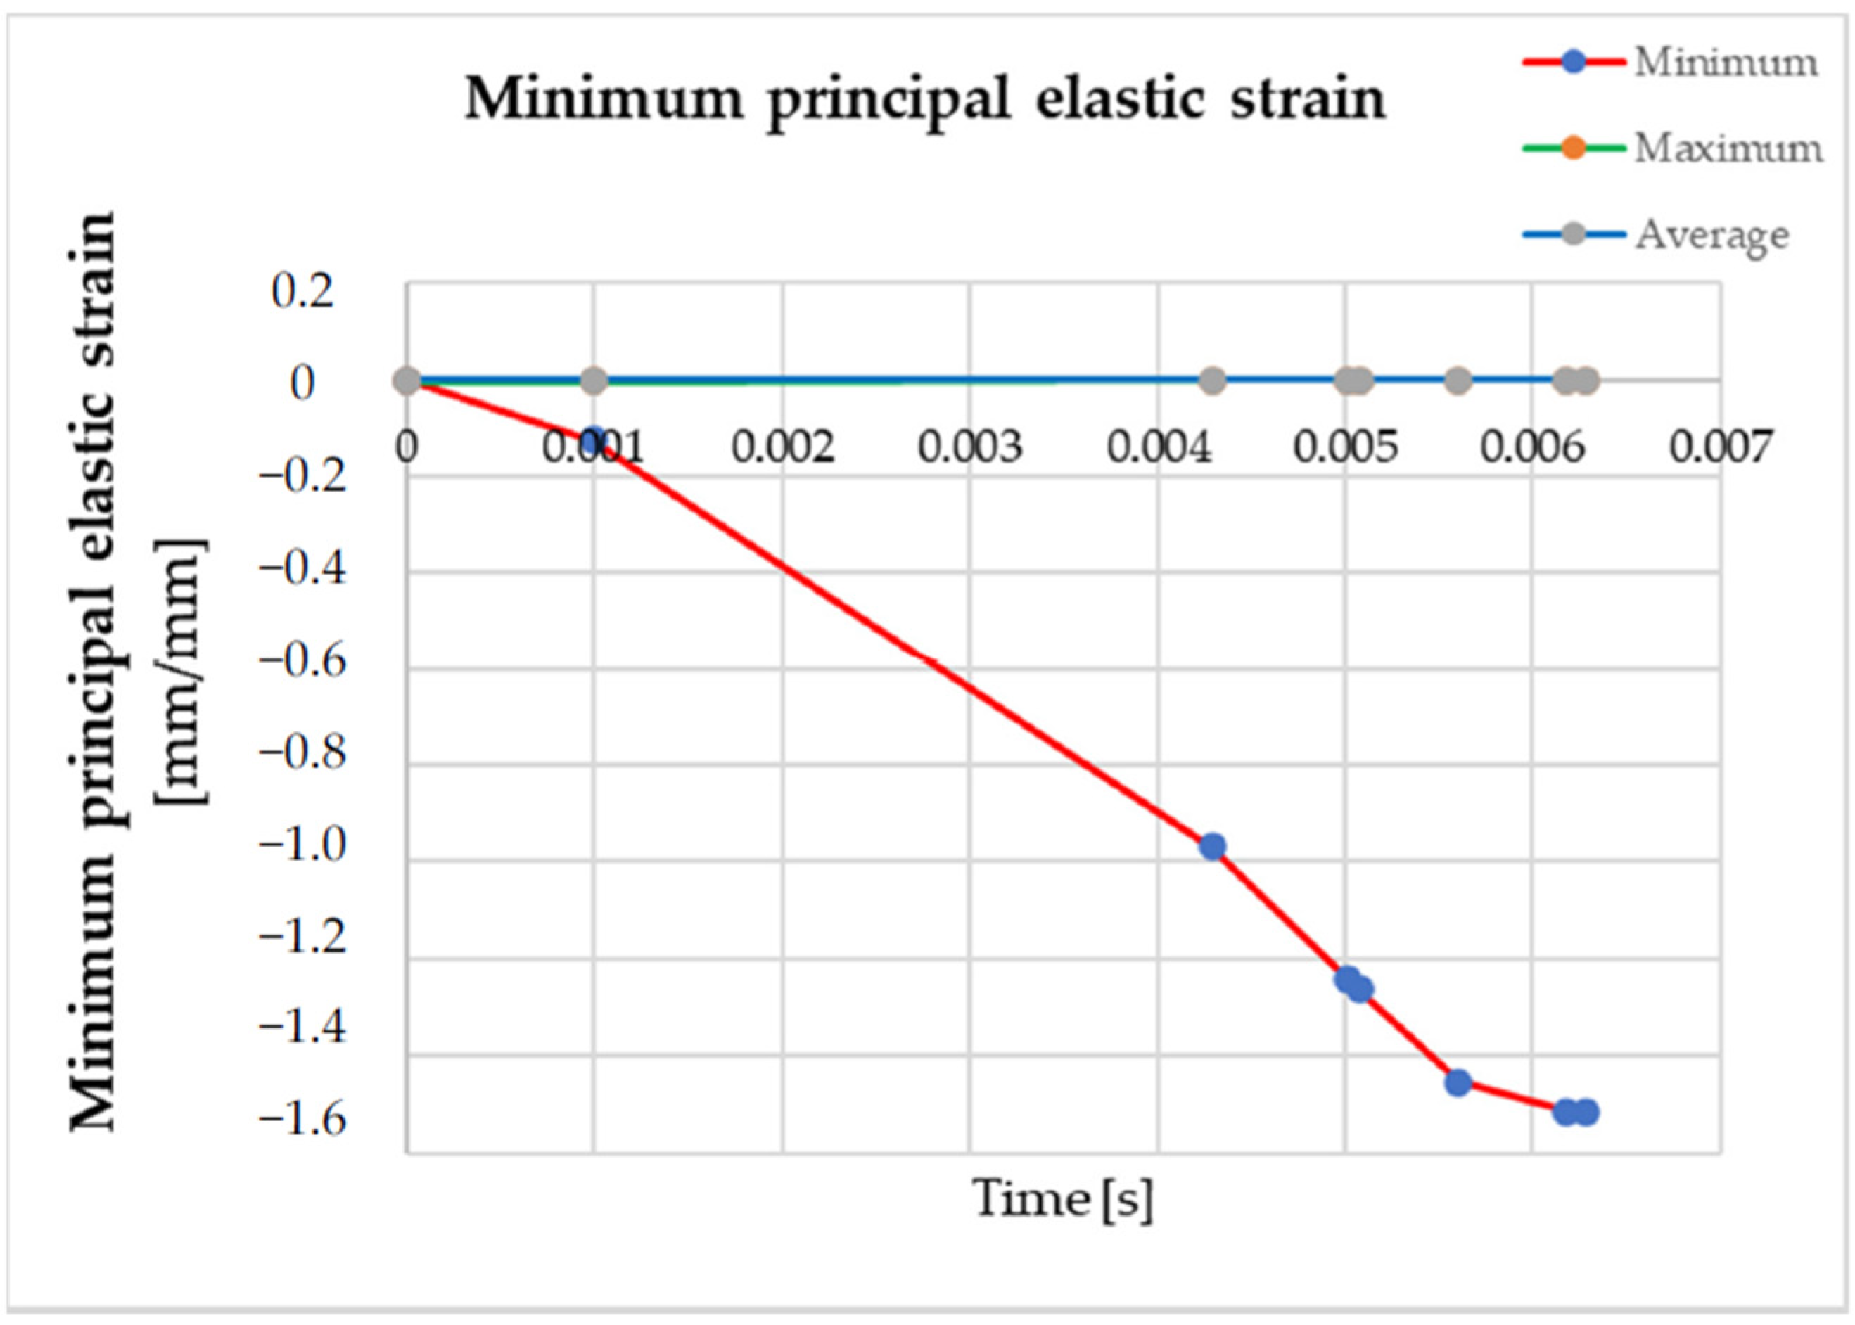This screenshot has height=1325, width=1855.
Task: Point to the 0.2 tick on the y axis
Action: click(302, 292)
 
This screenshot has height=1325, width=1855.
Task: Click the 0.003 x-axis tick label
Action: click(969, 447)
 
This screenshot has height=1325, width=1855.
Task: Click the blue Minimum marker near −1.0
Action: click(1213, 847)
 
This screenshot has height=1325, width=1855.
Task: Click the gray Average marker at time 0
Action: click(407, 381)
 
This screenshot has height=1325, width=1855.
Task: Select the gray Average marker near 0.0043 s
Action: click(1213, 381)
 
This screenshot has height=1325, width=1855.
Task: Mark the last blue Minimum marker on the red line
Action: click(1586, 1112)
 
